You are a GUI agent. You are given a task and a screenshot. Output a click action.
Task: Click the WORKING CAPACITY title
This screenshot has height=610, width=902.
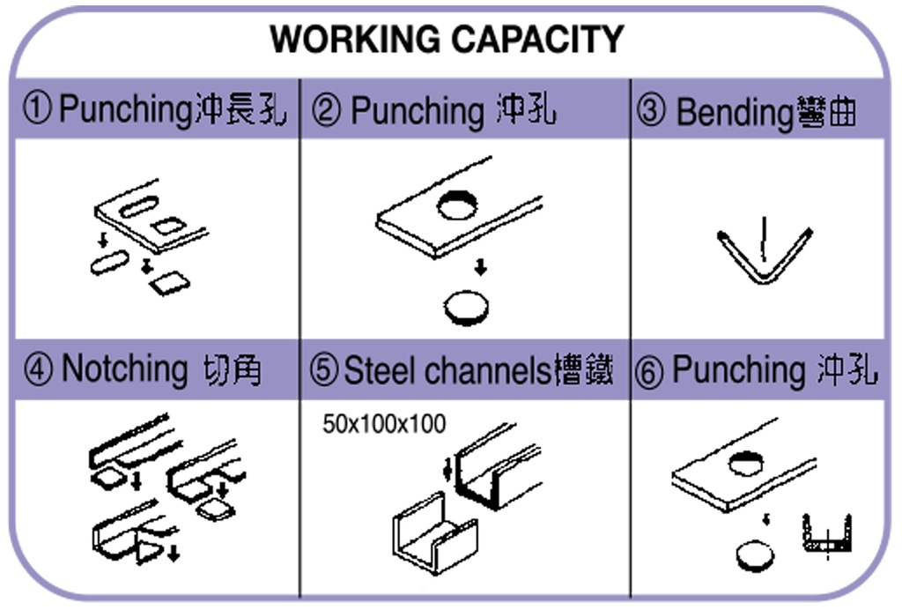447,39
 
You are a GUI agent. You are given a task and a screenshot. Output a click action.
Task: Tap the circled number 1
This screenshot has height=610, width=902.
37,111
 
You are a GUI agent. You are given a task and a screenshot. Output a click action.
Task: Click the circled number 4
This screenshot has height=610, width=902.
37,368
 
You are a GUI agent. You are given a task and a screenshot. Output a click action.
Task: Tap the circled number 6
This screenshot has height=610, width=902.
650,372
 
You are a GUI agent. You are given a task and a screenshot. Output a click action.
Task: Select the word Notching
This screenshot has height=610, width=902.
123,368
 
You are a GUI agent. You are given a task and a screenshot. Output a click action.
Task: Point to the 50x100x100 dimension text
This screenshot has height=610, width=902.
384,424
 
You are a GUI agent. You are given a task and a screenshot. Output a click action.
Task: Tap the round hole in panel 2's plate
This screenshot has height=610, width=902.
457,205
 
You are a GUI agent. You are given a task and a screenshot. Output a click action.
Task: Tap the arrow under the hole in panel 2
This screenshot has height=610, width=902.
479,266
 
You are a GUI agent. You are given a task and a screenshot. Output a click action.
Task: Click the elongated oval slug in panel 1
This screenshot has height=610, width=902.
109,263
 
